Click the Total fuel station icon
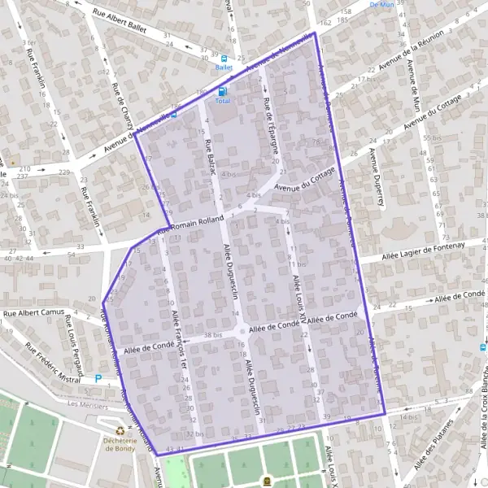point(222,91)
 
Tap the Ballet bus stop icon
point(224,59)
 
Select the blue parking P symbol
point(99,378)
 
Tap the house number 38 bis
point(213,335)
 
